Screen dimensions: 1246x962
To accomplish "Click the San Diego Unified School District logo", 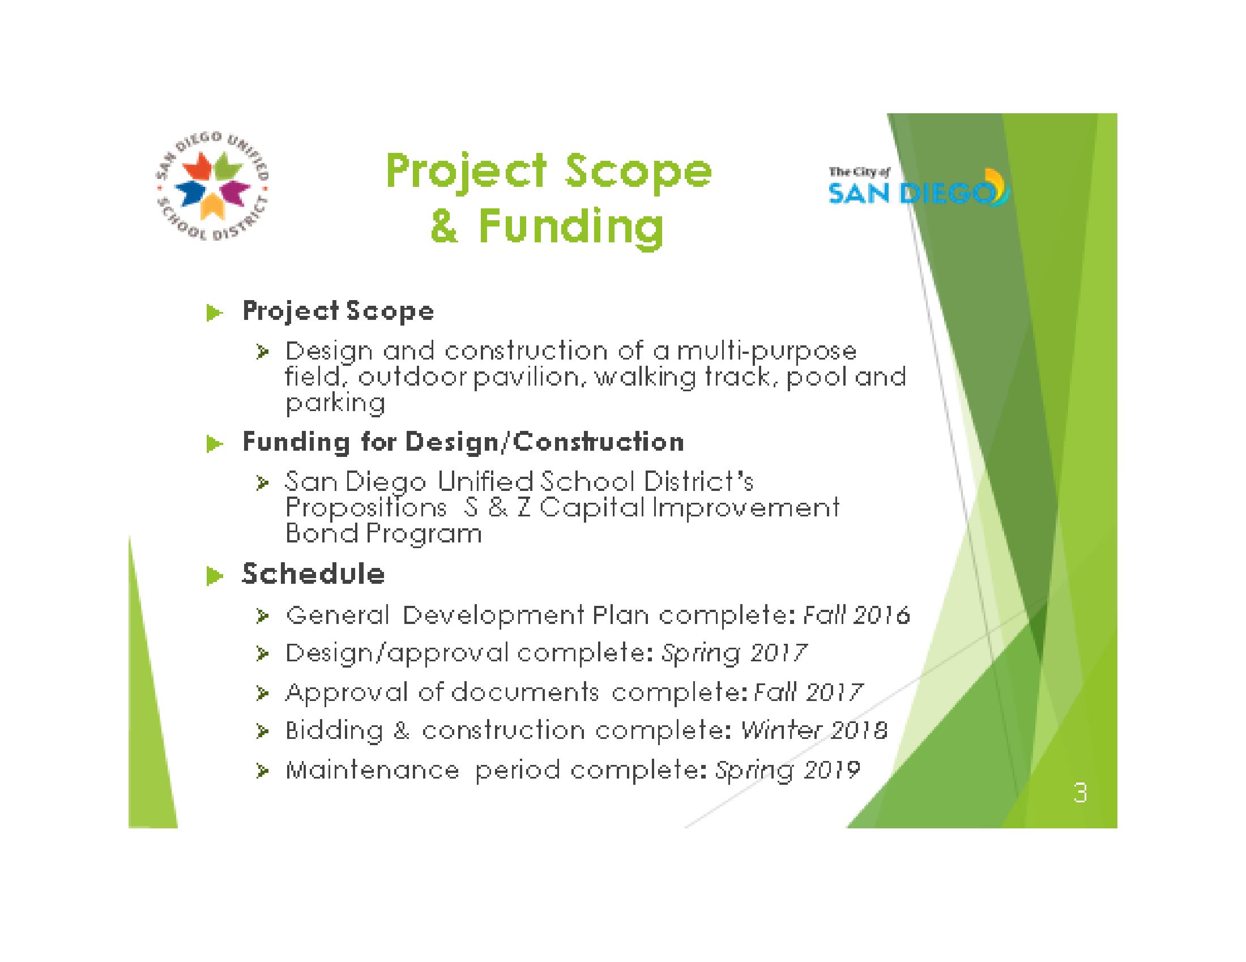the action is (x=213, y=185).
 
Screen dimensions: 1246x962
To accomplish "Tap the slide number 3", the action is (x=1080, y=792).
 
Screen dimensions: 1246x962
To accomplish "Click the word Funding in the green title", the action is (x=571, y=227).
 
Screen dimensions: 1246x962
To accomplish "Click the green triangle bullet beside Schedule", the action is (x=214, y=575).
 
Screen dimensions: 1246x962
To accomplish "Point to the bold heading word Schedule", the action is (x=313, y=574).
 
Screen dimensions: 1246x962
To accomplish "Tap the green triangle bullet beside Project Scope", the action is (x=214, y=313).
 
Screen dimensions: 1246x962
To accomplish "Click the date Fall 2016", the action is (x=856, y=615).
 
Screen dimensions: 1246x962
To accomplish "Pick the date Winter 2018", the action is (x=814, y=730).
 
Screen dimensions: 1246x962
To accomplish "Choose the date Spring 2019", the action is (x=787, y=771).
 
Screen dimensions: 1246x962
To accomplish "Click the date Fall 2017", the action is (x=808, y=692).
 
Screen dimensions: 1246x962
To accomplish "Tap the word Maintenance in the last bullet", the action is (x=372, y=770).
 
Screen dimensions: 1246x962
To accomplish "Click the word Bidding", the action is (x=334, y=731).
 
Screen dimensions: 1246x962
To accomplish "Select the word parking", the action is (x=335, y=404).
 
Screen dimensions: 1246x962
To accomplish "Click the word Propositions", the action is (x=366, y=508).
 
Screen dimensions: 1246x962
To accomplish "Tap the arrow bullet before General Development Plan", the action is (x=262, y=616).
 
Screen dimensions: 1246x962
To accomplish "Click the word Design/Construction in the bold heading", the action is (x=545, y=443).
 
